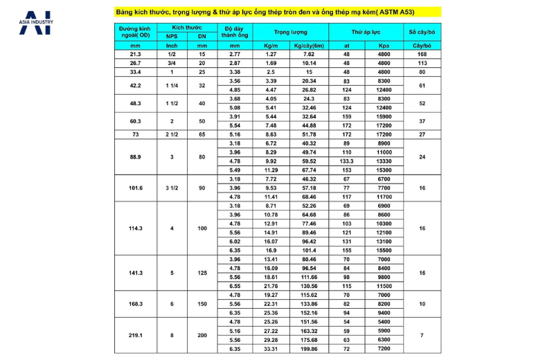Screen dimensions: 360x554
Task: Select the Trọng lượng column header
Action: click(290, 32)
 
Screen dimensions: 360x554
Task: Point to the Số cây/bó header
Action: click(422, 32)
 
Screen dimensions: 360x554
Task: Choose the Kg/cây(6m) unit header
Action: click(309, 45)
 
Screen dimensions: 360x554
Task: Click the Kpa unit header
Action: click(384, 45)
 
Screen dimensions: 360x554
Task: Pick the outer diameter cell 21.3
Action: click(136, 54)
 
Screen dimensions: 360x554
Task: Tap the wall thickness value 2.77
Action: click(234, 54)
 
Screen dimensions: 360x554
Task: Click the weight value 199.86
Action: click(309, 350)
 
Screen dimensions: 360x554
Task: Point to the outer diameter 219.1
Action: click(136, 336)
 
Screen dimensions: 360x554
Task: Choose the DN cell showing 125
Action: click(202, 273)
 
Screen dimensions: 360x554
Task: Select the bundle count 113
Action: click(422, 63)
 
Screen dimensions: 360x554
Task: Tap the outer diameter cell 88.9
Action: click(136, 156)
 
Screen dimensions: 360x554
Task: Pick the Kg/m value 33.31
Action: click(271, 350)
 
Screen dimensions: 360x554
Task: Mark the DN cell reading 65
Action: click(202, 134)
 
